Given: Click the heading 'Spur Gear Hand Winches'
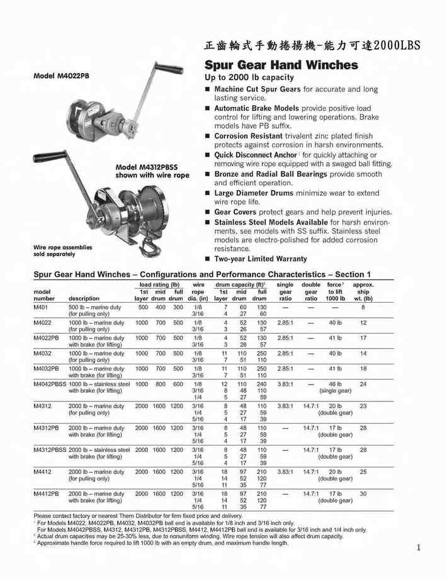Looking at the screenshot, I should [281, 65].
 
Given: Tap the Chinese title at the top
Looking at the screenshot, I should [311, 46].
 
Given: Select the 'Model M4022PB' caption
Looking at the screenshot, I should [60, 75].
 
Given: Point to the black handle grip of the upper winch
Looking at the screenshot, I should [170, 68].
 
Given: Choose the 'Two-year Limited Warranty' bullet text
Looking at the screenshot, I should [261, 259].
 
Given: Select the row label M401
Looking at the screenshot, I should [41, 306].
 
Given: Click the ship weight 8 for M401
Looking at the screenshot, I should [363, 306].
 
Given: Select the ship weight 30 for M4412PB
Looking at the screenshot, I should [363, 493].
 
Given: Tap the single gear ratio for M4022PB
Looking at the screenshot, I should [285, 338].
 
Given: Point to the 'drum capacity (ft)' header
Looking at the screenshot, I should [240, 285].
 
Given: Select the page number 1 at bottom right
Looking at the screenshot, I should [418, 548].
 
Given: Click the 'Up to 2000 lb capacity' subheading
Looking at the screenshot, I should [249, 77].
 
